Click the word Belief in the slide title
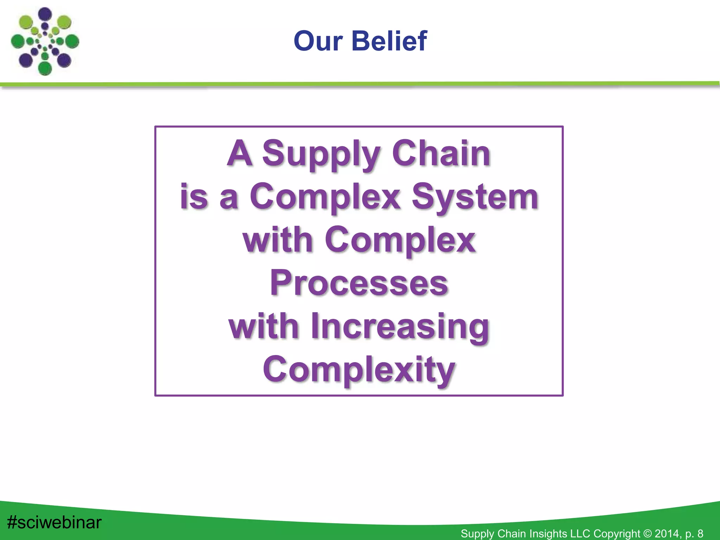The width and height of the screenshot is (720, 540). (389, 41)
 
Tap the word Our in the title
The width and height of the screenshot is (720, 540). (318, 41)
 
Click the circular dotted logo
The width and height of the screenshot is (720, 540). (45, 41)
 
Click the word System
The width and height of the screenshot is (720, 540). (475, 197)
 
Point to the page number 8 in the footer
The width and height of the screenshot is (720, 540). (700, 533)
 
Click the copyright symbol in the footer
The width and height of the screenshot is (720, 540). (647, 533)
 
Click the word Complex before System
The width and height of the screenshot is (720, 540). (325, 197)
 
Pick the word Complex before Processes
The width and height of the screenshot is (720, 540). (400, 240)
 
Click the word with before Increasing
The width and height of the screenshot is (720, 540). (264, 326)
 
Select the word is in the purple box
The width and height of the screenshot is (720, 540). (194, 197)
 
